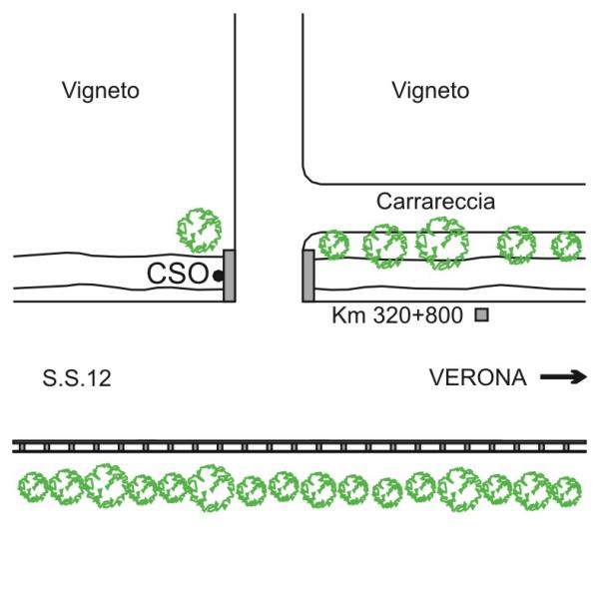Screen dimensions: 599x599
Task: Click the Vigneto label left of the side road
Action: pos(100,92)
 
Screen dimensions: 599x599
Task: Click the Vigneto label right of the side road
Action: pos(430,92)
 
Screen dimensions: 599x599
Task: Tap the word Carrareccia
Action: pos(435,202)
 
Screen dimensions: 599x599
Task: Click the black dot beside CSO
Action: pos(217,275)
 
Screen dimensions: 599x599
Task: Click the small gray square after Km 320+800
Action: pos(481,316)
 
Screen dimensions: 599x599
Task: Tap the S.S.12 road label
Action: pos(76,378)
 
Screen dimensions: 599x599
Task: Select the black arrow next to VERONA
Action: pos(564,377)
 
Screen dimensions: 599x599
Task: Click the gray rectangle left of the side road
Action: pos(229,276)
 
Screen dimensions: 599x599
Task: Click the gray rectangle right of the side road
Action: pos(308,276)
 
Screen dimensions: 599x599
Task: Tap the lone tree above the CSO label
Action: pos(199,231)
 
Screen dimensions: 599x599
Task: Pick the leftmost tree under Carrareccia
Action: pos(333,245)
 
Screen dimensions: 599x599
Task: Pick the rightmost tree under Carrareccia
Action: pos(566,246)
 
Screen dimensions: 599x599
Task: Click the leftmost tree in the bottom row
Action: pos(36,489)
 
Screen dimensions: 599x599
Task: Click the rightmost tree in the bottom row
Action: pos(566,490)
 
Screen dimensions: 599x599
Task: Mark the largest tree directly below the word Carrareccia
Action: pos(440,243)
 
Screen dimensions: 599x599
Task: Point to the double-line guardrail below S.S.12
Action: pos(299,446)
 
